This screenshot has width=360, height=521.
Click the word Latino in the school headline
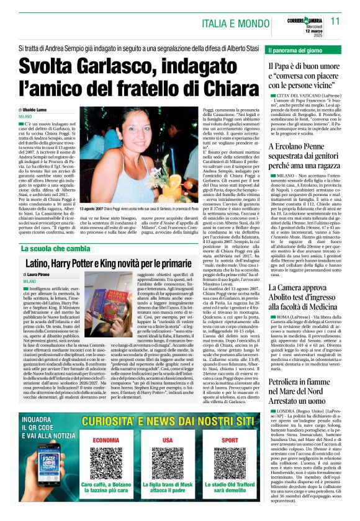click(x=43, y=263)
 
